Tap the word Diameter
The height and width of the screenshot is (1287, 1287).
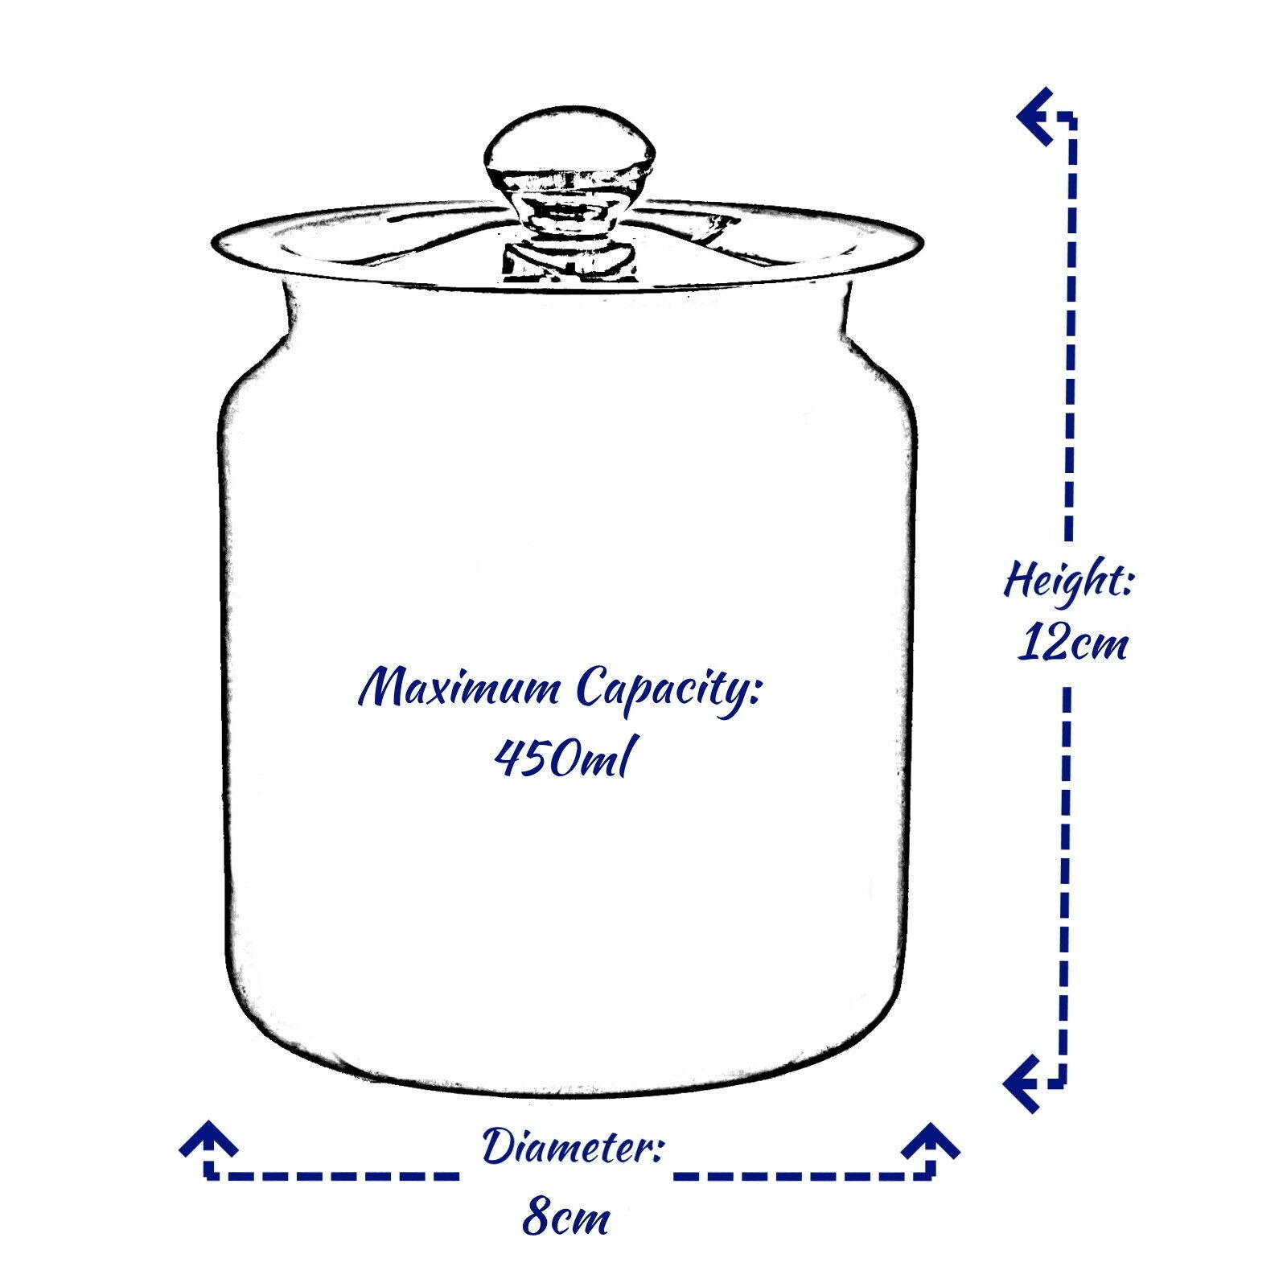click(572, 1148)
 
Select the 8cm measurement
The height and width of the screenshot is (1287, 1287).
click(565, 1219)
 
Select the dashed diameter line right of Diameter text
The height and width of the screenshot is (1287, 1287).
click(804, 1175)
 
